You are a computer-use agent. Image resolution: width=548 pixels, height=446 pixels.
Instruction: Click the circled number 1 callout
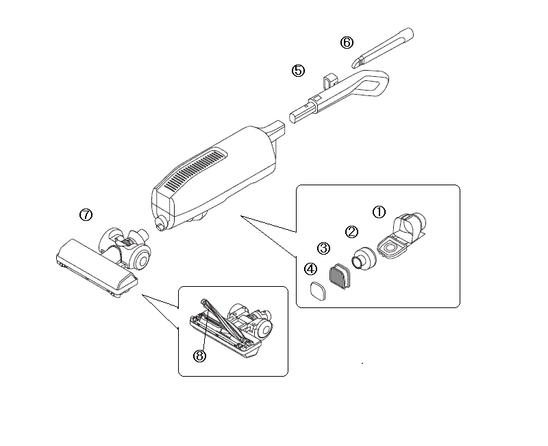click(x=379, y=212)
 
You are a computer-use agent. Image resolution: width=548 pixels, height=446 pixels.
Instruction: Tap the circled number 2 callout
click(x=351, y=231)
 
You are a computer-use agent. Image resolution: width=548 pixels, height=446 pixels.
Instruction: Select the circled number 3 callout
click(x=323, y=248)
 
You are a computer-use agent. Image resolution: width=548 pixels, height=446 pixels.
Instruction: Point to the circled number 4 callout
click(x=310, y=269)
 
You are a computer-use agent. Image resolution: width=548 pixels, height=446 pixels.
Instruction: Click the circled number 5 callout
click(x=298, y=71)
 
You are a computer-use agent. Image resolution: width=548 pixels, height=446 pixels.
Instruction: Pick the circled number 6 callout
click(x=347, y=43)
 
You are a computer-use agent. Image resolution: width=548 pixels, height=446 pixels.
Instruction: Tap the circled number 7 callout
click(x=86, y=214)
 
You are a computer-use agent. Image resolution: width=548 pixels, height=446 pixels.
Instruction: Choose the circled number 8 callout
click(x=199, y=356)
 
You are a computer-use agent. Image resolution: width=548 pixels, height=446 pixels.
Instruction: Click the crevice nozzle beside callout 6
click(x=382, y=47)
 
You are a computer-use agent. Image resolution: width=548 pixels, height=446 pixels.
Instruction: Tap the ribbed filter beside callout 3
click(x=339, y=276)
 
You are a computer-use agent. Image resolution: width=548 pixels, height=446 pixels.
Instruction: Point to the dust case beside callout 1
click(x=402, y=236)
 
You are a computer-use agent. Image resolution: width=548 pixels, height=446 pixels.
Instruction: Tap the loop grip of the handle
click(x=374, y=83)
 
